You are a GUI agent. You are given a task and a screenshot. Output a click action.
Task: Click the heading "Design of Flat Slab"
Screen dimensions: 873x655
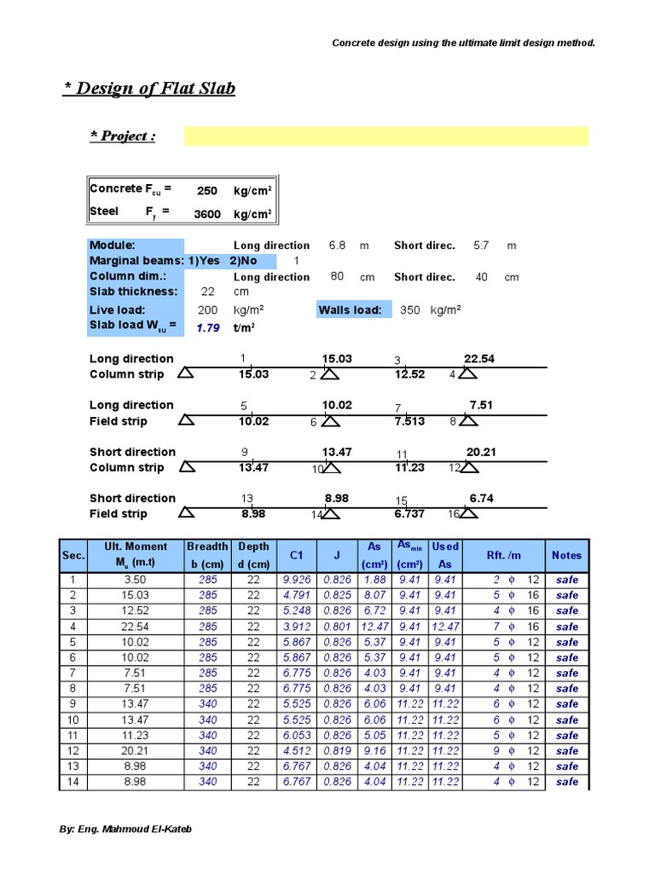pos(149,89)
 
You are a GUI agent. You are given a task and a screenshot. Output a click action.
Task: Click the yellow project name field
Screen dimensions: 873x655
pos(385,136)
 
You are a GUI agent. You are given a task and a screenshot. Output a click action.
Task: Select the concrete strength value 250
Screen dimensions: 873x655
pos(207,191)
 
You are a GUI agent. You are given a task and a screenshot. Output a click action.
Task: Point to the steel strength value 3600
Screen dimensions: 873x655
pos(207,214)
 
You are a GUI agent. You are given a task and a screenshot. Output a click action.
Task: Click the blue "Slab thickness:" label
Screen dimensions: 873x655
pos(133,292)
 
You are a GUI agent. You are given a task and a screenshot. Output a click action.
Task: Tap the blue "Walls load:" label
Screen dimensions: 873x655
pos(351,310)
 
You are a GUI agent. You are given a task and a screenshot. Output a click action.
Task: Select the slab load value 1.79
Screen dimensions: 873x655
pos(208,327)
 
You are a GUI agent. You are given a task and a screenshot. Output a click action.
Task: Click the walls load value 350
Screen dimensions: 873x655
pos(409,310)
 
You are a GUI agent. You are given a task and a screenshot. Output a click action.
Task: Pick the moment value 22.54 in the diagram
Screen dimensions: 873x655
pos(478,359)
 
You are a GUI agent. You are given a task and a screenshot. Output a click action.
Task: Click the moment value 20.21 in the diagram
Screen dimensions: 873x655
pos(480,452)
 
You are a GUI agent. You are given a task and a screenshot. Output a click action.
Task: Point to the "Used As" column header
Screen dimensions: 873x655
pos(445,555)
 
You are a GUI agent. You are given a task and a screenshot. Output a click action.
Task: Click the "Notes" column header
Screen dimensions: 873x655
pos(566,555)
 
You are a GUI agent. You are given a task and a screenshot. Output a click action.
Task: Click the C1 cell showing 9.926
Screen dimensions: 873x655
pos(297,580)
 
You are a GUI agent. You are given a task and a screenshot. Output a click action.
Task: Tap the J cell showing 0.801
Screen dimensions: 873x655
pos(338,627)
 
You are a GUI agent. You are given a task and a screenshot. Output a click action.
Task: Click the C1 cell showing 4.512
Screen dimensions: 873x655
pos(297,751)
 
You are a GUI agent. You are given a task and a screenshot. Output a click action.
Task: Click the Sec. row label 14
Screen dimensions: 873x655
pos(72,782)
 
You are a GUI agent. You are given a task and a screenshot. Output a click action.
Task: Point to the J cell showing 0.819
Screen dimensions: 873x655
pos(338,751)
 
